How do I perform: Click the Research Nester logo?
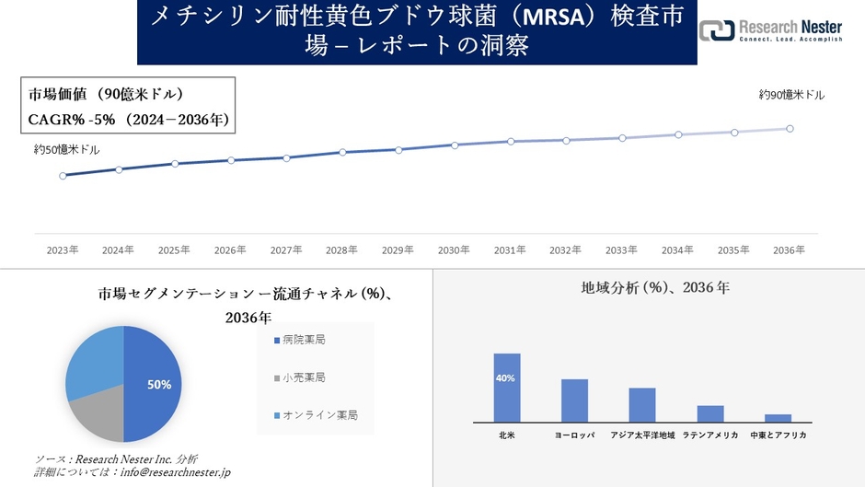click(x=771, y=30)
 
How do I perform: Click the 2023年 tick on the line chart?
click(x=63, y=249)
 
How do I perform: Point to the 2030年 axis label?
click(x=454, y=249)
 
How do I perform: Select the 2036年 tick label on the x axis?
click(x=790, y=249)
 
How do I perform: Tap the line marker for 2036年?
click(x=790, y=129)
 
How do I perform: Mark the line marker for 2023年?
click(x=63, y=175)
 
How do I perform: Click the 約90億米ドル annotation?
click(x=791, y=95)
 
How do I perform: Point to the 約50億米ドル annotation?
click(x=66, y=149)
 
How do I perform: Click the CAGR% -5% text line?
click(x=128, y=120)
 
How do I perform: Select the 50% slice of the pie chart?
click(x=152, y=384)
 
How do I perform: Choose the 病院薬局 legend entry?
click(x=300, y=341)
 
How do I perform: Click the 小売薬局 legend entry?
click(x=300, y=377)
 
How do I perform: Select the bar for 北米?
click(x=507, y=388)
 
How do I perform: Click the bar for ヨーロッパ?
click(x=575, y=400)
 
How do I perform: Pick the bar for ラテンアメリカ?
click(x=710, y=413)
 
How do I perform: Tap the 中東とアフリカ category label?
click(x=778, y=435)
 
